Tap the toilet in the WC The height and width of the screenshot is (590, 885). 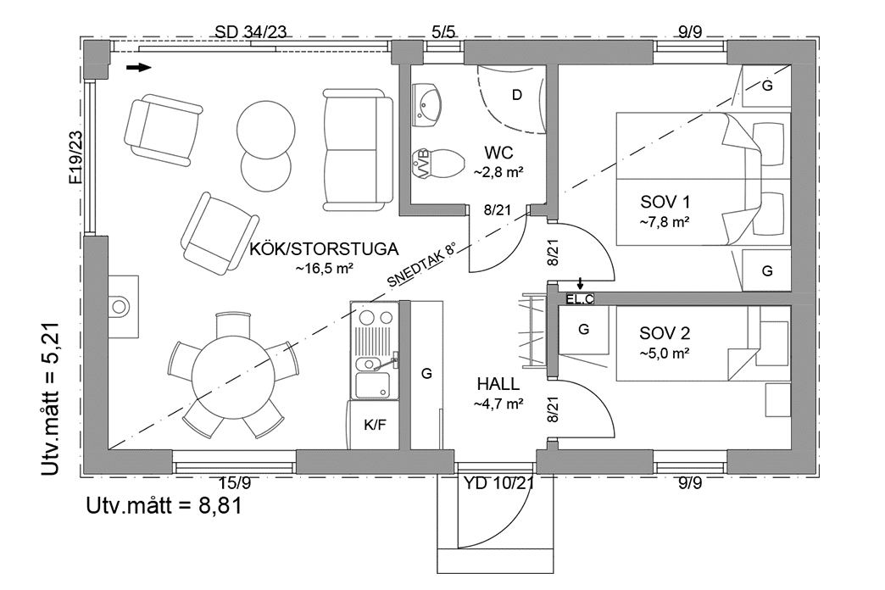pyautogui.click(x=438, y=162)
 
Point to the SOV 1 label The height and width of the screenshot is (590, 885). pyautogui.click(x=664, y=203)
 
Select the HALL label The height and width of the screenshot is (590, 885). pyautogui.click(x=498, y=386)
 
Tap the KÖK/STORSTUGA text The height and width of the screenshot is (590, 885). pyautogui.click(x=324, y=249)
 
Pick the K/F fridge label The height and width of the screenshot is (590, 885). pyautogui.click(x=375, y=424)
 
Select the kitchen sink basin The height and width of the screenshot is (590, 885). pyautogui.click(x=372, y=385)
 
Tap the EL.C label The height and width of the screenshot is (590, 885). pyautogui.click(x=581, y=298)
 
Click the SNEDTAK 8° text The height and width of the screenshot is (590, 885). pyautogui.click(x=421, y=265)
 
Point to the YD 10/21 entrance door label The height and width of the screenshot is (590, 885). pyautogui.click(x=498, y=484)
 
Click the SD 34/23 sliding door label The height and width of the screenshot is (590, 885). pyautogui.click(x=252, y=32)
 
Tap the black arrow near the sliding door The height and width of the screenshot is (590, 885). pyautogui.click(x=138, y=67)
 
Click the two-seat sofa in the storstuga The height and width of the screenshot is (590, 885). pyautogui.click(x=357, y=152)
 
